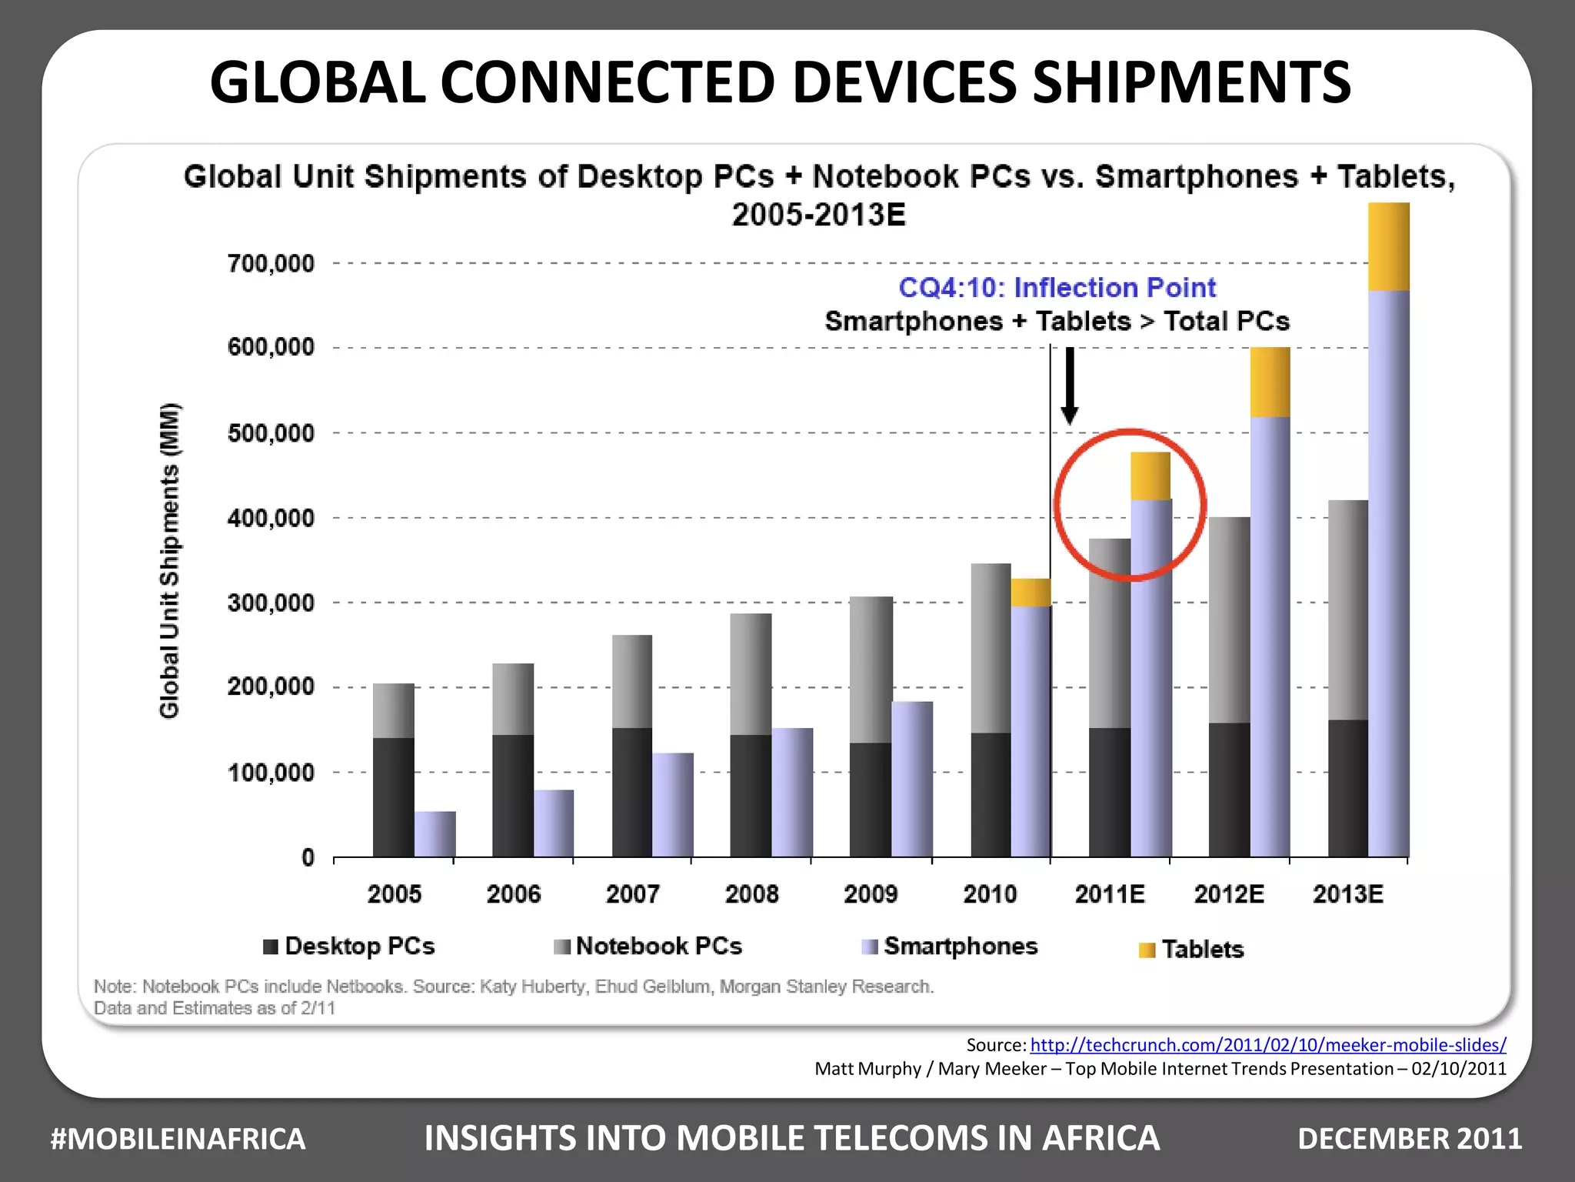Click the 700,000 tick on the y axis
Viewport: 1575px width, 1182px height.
pos(271,264)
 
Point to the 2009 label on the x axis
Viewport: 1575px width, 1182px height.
pos(871,894)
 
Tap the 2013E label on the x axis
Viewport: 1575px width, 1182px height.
pos(1347,894)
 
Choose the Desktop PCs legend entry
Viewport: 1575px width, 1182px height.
pos(349,946)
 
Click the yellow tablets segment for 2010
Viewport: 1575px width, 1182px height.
pos(1031,593)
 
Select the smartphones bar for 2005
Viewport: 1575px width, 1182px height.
pos(435,834)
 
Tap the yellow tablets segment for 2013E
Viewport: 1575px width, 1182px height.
pos(1389,246)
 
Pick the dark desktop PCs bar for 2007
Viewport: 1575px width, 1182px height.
pos(632,793)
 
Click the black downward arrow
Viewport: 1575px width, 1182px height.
pos(1069,385)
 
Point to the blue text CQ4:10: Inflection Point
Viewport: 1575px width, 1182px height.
pos(1057,288)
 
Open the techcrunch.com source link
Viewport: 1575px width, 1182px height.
pos(1267,1045)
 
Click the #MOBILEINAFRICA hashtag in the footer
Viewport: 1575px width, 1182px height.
pos(178,1139)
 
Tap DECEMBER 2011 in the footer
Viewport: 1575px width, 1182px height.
pos(1409,1139)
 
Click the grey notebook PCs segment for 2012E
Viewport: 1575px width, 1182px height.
pos(1229,619)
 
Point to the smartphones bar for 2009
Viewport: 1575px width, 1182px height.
pos(912,779)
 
